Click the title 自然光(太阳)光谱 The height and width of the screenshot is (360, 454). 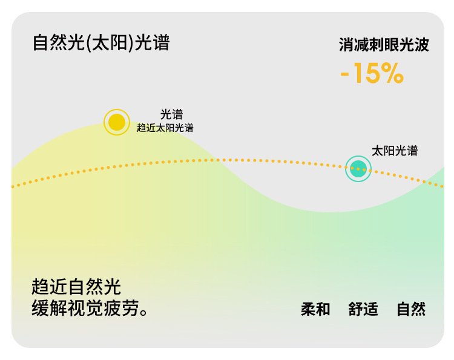pos(101,42)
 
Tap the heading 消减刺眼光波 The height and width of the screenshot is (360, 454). pos(384,45)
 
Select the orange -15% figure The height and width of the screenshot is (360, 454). pos(372,73)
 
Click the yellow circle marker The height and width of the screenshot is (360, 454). pos(117,122)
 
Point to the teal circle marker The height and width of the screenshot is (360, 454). pos(358,169)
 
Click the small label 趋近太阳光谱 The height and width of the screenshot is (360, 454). pos(165,128)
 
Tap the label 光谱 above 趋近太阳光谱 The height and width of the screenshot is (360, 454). pos(171,114)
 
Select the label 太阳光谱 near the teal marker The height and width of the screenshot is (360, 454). pos(395,151)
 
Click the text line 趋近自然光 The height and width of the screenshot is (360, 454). pos(76,287)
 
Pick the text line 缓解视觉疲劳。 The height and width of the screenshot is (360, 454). pos(90,307)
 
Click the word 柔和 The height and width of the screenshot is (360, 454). pos(315,309)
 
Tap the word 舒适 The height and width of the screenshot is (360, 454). pos(363,309)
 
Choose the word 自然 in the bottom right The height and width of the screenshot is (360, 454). pos(411,309)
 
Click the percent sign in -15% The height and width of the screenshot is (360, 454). pos(392,73)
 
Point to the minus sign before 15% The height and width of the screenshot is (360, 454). pos(344,74)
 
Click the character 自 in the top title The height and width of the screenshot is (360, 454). pos(40,42)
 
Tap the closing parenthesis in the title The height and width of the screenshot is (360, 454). pos(130,43)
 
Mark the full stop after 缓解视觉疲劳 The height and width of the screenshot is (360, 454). pos(144,312)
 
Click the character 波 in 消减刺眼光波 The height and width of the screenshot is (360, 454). pos(421,45)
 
